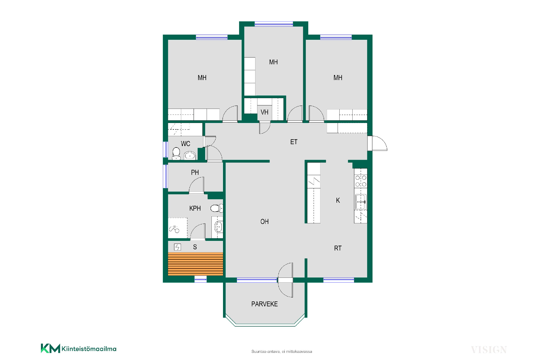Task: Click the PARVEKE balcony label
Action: (265, 304)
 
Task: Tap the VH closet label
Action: (265, 112)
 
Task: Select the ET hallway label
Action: (294, 142)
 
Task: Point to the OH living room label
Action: (265, 222)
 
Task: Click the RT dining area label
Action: (338, 248)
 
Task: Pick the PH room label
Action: (195, 172)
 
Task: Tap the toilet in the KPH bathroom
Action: (217, 208)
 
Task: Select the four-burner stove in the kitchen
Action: (361, 181)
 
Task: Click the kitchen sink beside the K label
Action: (361, 202)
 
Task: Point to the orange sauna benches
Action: (196, 264)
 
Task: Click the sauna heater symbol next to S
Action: (177, 247)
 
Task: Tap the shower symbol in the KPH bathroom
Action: (174, 229)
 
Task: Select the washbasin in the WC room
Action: (190, 155)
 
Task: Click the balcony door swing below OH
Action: (285, 280)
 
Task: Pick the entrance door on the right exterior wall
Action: (377, 143)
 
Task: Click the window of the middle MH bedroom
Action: (274, 24)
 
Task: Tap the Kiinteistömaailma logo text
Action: (89, 349)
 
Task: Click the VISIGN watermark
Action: (489, 350)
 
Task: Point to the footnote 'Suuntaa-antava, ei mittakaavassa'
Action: (282, 352)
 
